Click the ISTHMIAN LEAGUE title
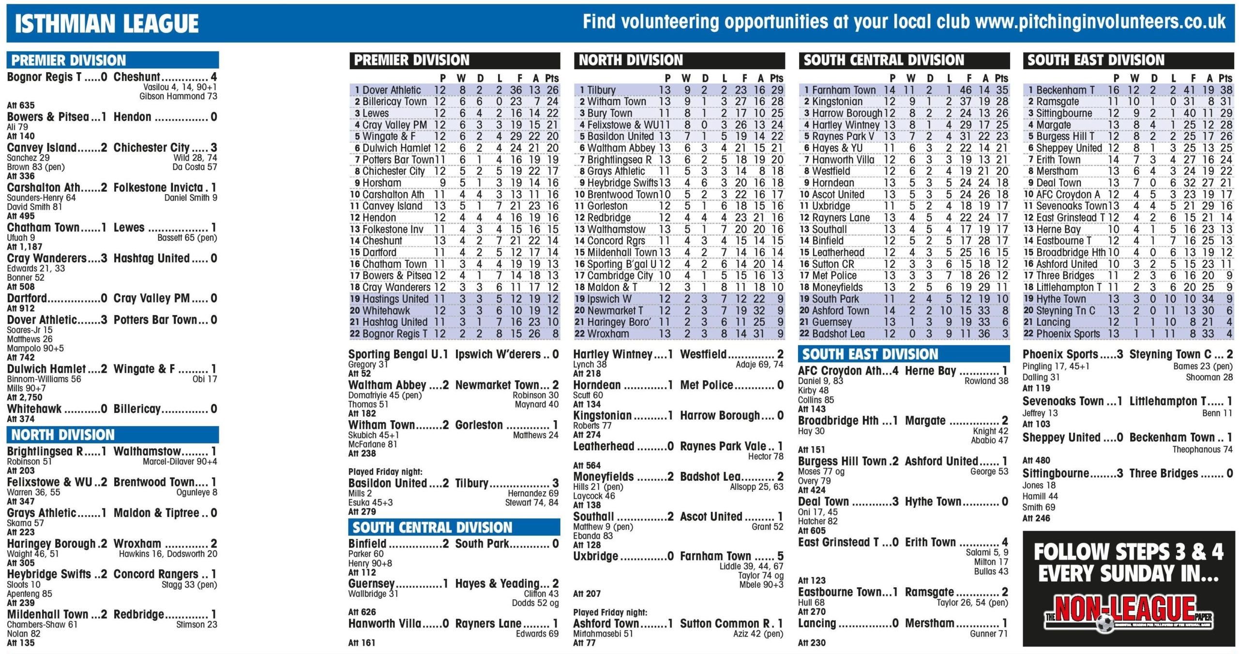tap(106, 24)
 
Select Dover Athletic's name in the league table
tap(392, 90)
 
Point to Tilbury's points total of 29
tap(777, 90)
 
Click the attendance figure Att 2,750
tap(21, 397)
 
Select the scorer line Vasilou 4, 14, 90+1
tap(180, 87)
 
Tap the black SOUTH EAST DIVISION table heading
tap(1096, 61)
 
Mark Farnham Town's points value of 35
tap(1002, 90)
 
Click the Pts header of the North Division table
tap(776, 78)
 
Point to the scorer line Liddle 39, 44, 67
tap(751, 566)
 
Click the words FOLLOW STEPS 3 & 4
tap(1128, 552)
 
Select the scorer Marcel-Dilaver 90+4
tap(180, 462)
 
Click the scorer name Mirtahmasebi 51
tap(603, 634)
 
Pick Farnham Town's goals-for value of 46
tap(966, 90)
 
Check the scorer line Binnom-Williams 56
tap(44, 379)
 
